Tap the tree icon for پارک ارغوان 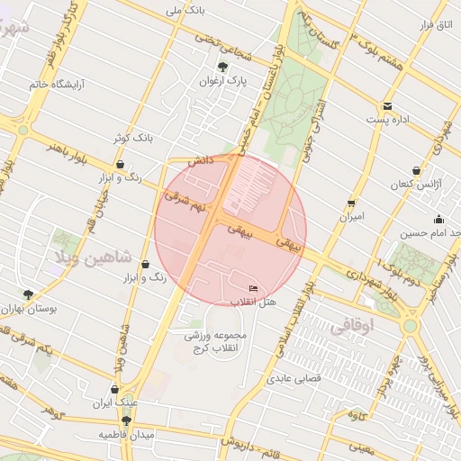222,67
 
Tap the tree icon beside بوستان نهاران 29,294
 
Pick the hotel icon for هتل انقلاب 252,288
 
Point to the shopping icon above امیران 351,203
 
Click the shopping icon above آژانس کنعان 416,170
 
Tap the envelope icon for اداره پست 387,106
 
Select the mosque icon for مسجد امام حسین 438,220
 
